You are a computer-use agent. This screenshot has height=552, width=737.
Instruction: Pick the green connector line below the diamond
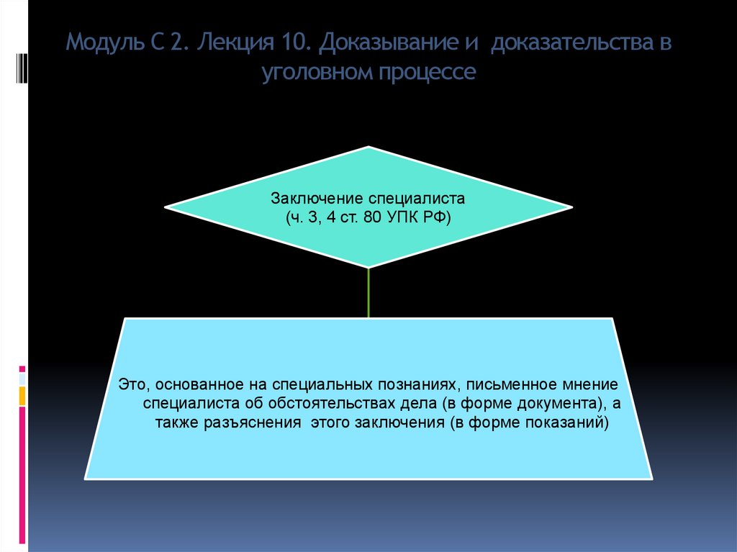(368, 292)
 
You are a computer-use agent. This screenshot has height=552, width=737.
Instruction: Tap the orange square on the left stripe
(22, 395)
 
